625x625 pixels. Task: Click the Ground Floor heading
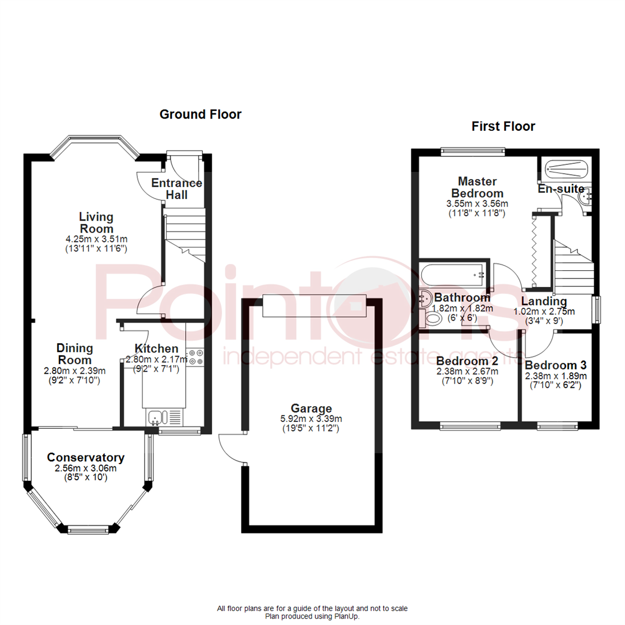[x=200, y=115]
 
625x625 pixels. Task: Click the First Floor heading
[x=503, y=126]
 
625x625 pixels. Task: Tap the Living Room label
[x=96, y=223]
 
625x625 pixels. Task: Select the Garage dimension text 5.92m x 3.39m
[x=311, y=419]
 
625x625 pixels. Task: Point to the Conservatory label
[x=86, y=457]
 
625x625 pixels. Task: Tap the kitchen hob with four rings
[x=195, y=356]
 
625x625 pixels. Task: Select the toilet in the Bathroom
[x=433, y=317]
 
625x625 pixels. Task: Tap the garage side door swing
[x=231, y=448]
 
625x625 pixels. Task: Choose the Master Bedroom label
[x=477, y=187]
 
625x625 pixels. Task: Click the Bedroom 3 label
[x=556, y=365]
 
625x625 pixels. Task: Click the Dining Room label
[x=75, y=354]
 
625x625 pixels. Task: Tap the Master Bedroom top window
[x=473, y=152]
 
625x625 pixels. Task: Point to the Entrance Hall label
[x=177, y=189]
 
